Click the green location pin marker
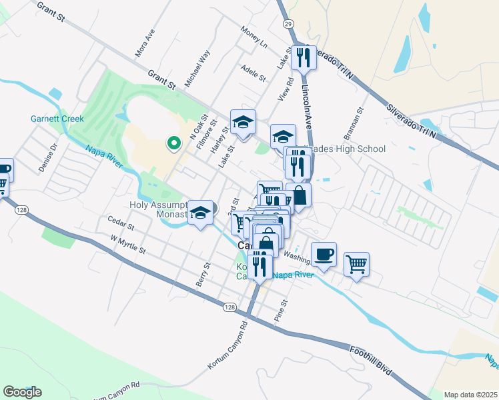pyautogui.click(x=173, y=143)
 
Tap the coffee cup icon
pyautogui.click(x=324, y=254)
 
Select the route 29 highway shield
pyautogui.click(x=288, y=23)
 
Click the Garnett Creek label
pyautogui.click(x=57, y=119)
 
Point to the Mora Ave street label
pyautogui.click(x=145, y=42)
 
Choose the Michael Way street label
pyautogui.click(x=197, y=69)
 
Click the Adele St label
pyautogui.click(x=254, y=72)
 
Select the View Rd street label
pyautogui.click(x=288, y=91)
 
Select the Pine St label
pyautogui.click(x=283, y=309)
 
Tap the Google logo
pyautogui.click(x=22, y=392)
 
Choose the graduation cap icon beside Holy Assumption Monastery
pyautogui.click(x=199, y=213)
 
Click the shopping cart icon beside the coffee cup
pyautogui.click(x=356, y=265)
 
